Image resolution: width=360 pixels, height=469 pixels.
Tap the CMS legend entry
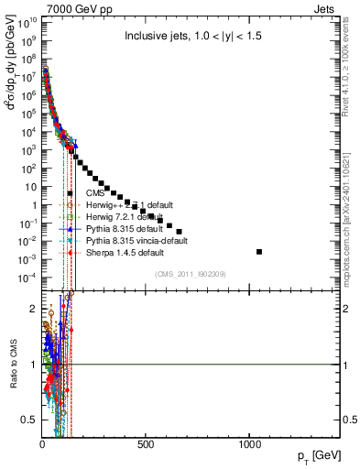click(95, 193)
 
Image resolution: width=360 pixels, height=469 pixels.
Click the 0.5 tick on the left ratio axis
click(29, 420)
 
